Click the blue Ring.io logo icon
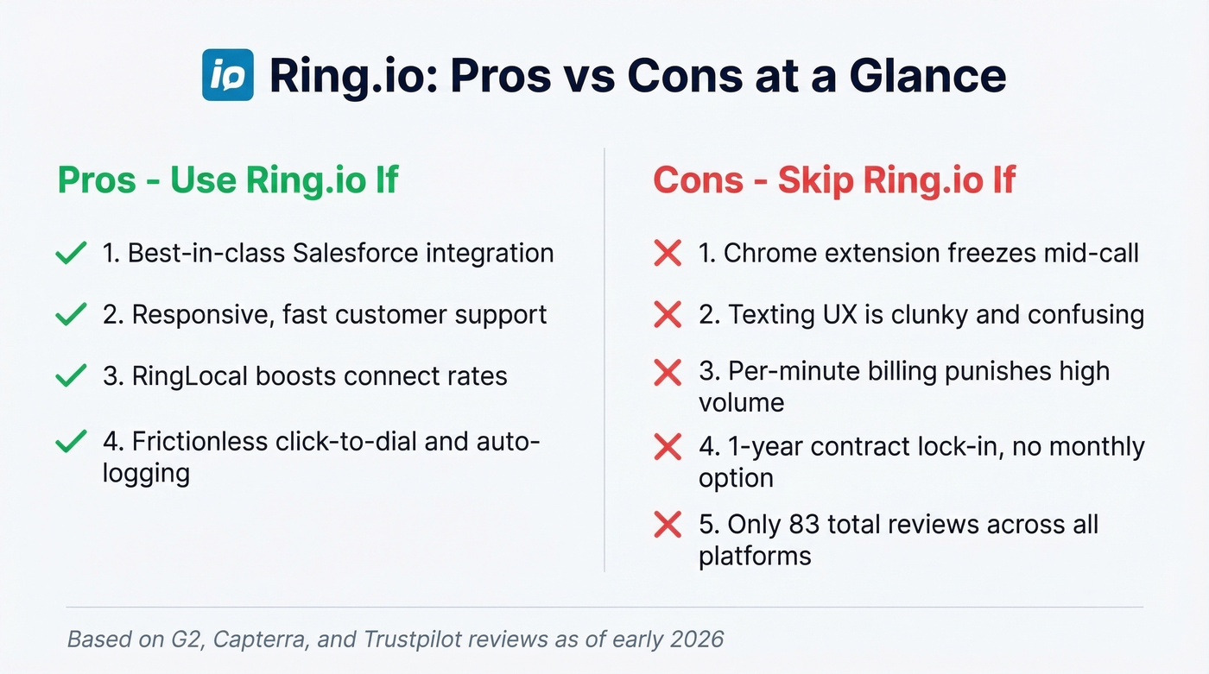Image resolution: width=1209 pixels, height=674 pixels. [x=228, y=75]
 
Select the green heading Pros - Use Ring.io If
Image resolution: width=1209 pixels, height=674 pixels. [x=228, y=181]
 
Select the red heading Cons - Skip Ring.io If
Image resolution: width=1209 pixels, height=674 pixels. [x=834, y=181]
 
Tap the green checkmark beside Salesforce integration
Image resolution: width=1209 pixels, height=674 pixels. [x=70, y=253]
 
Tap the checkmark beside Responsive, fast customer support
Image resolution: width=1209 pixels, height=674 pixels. [x=70, y=314]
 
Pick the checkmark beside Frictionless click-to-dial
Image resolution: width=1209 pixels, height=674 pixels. [x=70, y=442]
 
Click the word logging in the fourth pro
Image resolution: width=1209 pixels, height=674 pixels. [x=146, y=473]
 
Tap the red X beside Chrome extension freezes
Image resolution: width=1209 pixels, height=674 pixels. [x=668, y=253]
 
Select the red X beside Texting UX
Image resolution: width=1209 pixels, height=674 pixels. [x=668, y=314]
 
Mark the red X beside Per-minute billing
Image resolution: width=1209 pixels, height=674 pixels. [x=668, y=372]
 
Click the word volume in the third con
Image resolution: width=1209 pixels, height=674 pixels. [x=741, y=402]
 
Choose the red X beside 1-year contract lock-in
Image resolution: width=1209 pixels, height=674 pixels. [x=668, y=447]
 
